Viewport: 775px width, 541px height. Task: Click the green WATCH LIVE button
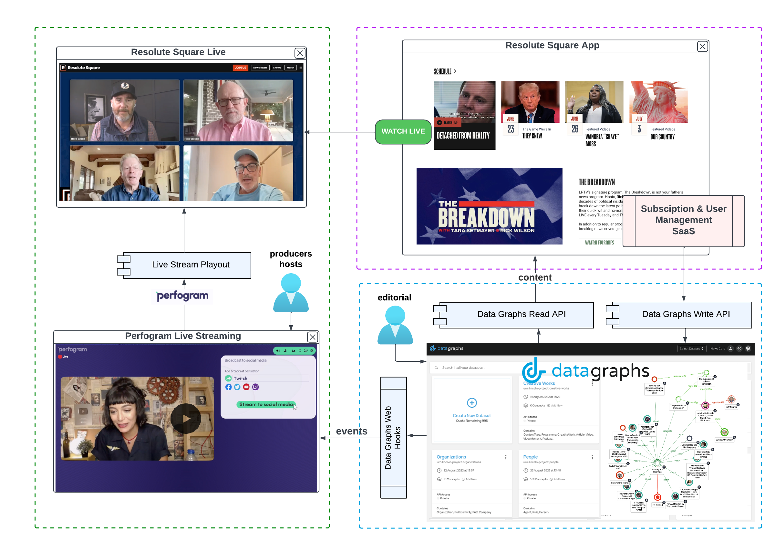(403, 132)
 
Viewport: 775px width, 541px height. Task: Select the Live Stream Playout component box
(191, 265)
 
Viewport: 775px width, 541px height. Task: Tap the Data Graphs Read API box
(521, 314)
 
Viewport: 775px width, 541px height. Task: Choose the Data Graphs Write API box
(685, 314)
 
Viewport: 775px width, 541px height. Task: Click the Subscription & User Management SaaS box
(683, 220)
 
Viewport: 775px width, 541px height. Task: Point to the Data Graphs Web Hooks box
(393, 438)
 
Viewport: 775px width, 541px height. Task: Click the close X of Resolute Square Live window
(300, 53)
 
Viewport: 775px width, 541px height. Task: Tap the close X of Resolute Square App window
(702, 47)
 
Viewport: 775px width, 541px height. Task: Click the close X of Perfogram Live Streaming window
(312, 337)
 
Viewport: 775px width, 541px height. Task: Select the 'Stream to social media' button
(266, 405)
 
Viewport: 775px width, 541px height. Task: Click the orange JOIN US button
(240, 68)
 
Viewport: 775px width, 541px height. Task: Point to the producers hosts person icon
(291, 293)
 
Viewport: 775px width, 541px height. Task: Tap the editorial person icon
(395, 325)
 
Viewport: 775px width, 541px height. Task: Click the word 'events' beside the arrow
(351, 432)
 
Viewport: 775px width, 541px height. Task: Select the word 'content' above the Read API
(535, 277)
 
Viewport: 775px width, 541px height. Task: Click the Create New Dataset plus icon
(471, 403)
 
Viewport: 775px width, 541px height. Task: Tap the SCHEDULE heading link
(442, 72)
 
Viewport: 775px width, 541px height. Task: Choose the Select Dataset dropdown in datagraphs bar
(691, 349)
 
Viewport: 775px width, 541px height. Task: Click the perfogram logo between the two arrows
(182, 296)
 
